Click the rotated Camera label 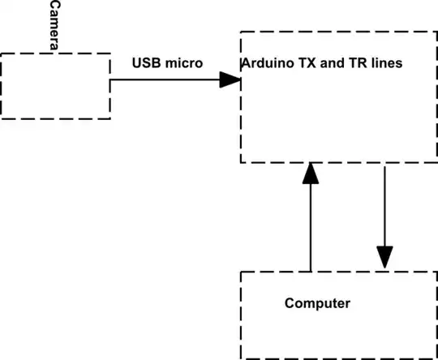pos(54,27)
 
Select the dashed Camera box pos(55,86)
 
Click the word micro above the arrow pos(186,63)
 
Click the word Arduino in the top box pos(266,63)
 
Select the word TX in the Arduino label pos(303,63)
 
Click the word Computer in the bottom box pos(317,304)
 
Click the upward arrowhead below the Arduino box pos(310,174)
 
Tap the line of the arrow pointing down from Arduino pos(384,203)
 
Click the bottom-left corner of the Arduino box pos(241,162)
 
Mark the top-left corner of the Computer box pos(241,272)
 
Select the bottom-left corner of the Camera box pos(2,118)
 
